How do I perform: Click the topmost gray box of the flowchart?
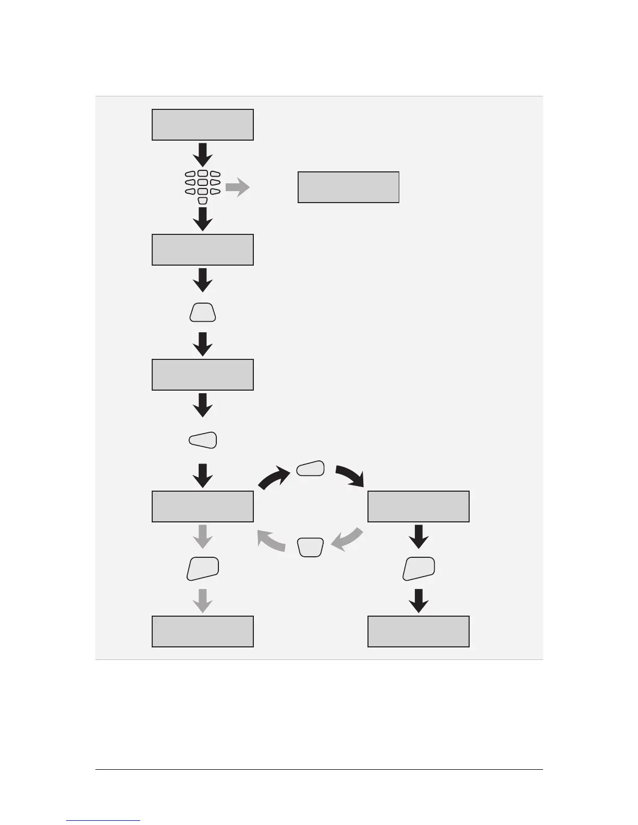click(202, 124)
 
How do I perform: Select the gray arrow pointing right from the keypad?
click(238, 187)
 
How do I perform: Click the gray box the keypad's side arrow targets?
click(348, 187)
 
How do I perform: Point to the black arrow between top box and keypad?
click(203, 154)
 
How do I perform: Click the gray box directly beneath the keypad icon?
click(202, 249)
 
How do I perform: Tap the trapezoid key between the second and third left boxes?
click(203, 313)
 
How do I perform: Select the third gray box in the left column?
click(202, 374)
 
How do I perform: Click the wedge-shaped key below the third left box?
click(203, 440)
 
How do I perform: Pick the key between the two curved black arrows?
click(310, 469)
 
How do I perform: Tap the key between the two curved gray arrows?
click(311, 547)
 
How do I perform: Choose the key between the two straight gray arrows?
click(203, 568)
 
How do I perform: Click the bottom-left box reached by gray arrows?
click(202, 631)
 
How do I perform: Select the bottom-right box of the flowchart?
click(418, 631)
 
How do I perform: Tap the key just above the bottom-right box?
click(419, 568)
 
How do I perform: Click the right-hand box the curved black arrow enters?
click(418, 506)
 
